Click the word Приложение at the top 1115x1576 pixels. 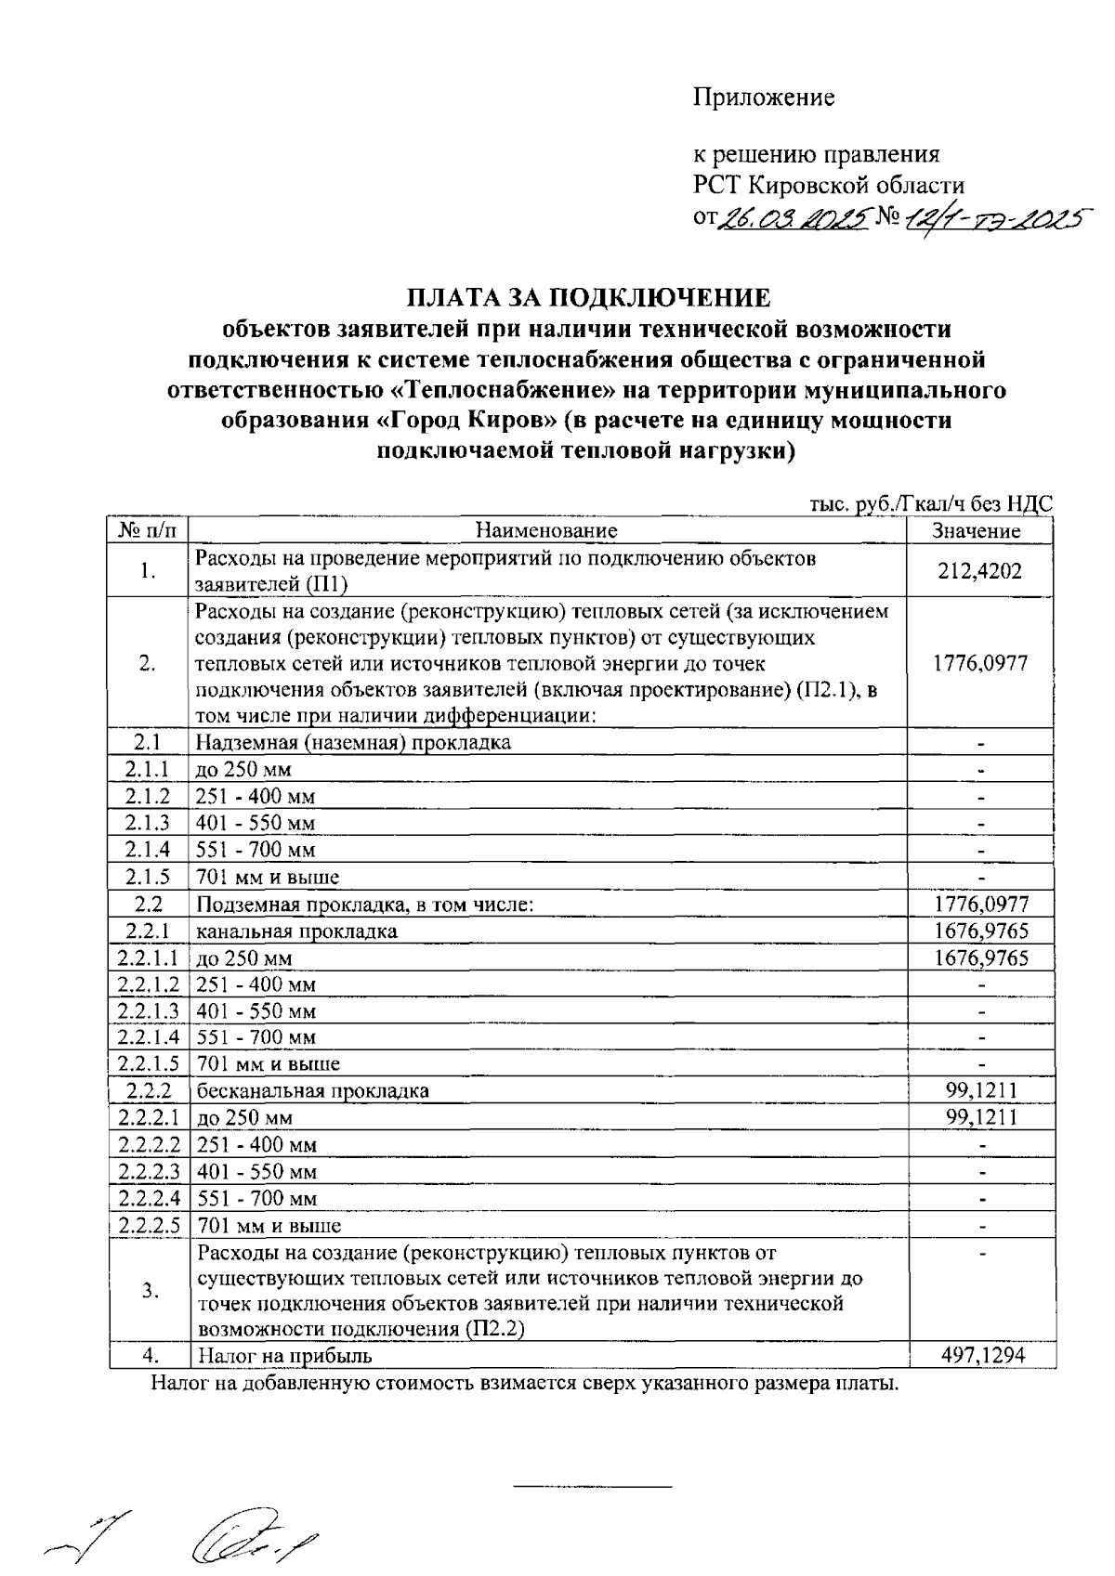tap(764, 98)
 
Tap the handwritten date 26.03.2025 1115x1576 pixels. tap(792, 219)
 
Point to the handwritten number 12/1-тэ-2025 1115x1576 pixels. tap(997, 219)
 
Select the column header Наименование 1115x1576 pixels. tap(546, 531)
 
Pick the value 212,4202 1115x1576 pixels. tap(979, 571)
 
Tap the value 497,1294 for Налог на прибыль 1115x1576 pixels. tap(982, 1356)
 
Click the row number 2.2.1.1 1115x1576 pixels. tap(149, 957)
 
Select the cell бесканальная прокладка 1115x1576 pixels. tap(312, 1091)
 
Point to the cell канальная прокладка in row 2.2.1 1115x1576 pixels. tap(296, 931)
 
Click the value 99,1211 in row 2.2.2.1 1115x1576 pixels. tap(981, 1117)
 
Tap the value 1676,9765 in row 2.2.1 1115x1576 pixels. tap(981, 931)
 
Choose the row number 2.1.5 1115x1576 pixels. tap(149, 877)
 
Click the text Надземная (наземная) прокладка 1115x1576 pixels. tap(353, 743)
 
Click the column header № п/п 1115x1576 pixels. tap(149, 531)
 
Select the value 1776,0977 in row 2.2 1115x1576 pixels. tap(981, 904)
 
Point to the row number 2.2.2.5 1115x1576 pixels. tap(149, 1225)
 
